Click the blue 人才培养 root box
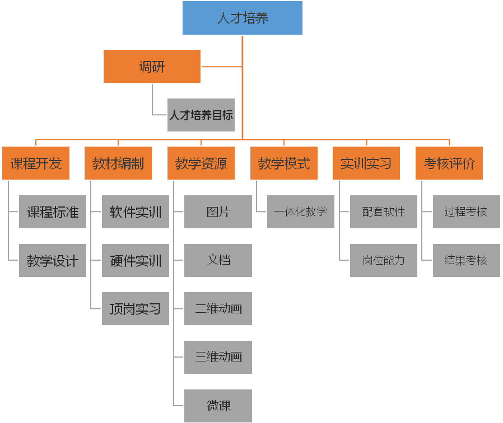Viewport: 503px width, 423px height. pos(243,18)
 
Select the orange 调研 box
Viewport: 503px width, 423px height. pos(152,67)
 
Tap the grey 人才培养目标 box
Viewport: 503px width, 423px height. pos(201,115)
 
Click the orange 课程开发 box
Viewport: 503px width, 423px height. pos(36,163)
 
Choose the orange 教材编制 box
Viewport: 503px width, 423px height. pos(118,163)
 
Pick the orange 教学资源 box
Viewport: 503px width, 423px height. pos(201,163)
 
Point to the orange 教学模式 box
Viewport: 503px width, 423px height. pos(284,163)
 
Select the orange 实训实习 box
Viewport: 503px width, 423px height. pos(366,163)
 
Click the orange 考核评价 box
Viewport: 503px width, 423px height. pos(449,163)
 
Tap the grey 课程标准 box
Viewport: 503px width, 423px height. pos(53,212)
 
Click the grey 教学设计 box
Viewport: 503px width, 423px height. pos(53,260)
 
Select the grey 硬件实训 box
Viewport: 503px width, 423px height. pos(136,260)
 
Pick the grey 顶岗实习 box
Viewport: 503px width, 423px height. pos(136,308)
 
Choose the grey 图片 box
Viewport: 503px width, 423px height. pos(218,212)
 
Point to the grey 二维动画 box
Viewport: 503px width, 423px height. pos(218,308)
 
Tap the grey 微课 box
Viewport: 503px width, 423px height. pos(218,406)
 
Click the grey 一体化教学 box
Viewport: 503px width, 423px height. pos(301,212)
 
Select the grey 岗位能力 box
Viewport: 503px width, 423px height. pos(384,260)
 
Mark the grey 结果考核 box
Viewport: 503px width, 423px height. pos(466,260)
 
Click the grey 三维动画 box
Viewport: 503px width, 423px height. pos(218,357)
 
